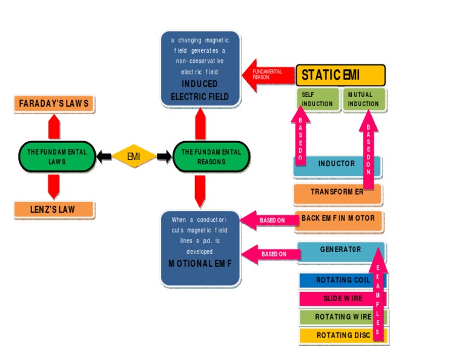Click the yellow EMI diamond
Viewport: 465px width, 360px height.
click(x=134, y=157)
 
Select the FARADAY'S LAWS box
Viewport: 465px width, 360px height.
click(x=54, y=104)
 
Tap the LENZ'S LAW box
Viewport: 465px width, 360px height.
click(x=54, y=210)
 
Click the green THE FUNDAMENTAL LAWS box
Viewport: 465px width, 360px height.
click(x=57, y=157)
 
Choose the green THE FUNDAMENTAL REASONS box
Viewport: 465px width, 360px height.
click(x=211, y=157)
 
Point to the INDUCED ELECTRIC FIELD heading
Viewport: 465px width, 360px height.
click(x=200, y=90)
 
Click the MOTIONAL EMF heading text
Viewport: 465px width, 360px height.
click(x=200, y=264)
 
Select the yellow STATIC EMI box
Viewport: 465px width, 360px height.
click(x=340, y=75)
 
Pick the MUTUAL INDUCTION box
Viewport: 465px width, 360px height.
click(x=364, y=99)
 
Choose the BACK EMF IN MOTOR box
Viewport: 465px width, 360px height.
click(x=338, y=219)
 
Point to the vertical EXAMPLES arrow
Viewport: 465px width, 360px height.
click(x=378, y=297)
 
